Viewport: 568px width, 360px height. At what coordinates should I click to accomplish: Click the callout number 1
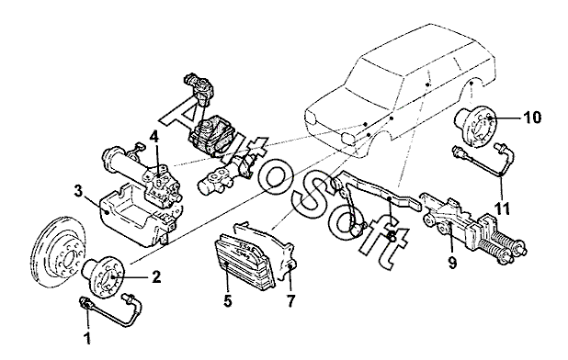pos(87,339)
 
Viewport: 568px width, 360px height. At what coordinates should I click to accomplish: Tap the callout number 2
pos(156,277)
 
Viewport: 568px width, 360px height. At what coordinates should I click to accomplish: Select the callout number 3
pos(79,192)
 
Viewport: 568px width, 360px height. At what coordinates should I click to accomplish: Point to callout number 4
pos(154,137)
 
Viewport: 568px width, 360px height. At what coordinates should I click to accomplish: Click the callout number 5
pos(228,300)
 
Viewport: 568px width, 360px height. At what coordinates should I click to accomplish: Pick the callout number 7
pos(291,300)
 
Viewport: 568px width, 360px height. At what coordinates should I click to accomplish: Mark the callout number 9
pos(452,262)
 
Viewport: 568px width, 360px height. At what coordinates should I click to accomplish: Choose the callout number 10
pos(532,118)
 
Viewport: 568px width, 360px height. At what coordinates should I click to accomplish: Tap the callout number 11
pos(502,208)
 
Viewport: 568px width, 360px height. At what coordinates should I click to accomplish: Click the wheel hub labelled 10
pos(475,126)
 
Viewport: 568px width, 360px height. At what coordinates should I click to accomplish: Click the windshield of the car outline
pos(374,83)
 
